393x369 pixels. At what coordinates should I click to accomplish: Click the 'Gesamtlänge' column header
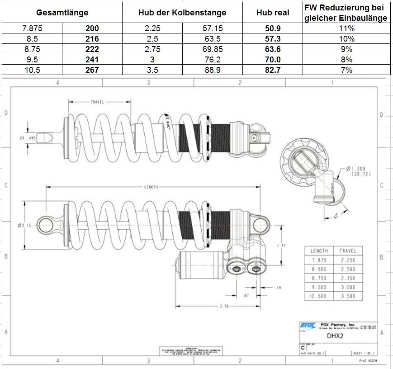(62, 13)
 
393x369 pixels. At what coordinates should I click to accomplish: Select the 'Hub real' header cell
(273, 13)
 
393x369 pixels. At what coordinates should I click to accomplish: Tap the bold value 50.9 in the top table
(273, 28)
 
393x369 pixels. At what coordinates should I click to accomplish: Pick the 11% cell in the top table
(346, 28)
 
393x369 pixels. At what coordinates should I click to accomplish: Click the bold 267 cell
(92, 70)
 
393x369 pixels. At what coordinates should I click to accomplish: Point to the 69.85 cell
(213, 49)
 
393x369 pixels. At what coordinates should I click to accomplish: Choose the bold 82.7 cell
(273, 70)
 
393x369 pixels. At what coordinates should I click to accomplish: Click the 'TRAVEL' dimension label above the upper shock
(97, 102)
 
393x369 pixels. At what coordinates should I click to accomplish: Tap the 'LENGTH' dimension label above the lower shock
(151, 187)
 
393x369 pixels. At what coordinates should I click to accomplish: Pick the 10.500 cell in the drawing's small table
(320, 296)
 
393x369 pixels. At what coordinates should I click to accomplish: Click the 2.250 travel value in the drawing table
(347, 260)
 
